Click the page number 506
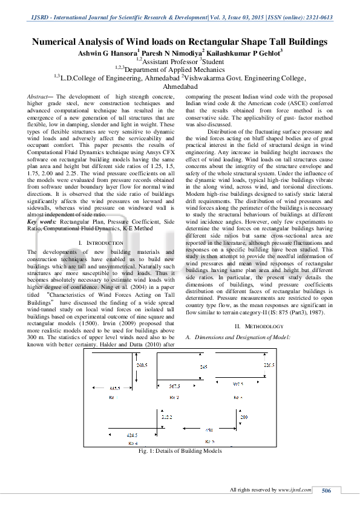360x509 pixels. [x=326, y=490]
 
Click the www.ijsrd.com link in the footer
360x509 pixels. [x=294, y=490]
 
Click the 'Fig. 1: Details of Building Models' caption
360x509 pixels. [x=180, y=450]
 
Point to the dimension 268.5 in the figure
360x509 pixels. [x=142, y=366]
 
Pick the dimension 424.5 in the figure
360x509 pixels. [x=132, y=435]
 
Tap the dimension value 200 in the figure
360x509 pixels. [x=244, y=417]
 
